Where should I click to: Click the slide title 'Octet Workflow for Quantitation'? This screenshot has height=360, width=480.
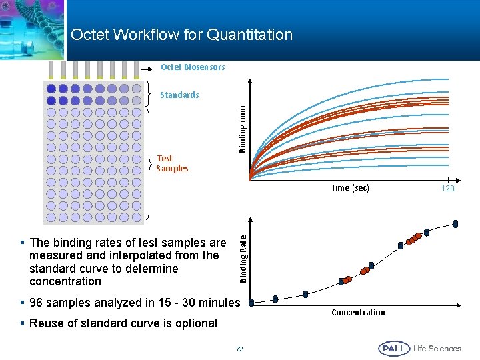181,35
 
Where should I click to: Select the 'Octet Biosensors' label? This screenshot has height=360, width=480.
193,67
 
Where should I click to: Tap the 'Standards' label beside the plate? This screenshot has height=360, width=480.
179,95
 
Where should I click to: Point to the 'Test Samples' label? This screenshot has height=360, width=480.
172,163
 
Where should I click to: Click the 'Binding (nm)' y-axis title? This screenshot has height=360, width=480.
243,127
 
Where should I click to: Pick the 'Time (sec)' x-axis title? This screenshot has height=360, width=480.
350,188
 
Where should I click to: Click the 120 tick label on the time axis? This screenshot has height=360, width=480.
447,189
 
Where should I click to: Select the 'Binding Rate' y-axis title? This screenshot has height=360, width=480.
243,256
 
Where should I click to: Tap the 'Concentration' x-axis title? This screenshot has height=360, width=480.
358,313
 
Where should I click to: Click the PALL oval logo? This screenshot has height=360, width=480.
393,349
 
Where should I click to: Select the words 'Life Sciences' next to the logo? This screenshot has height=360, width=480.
437,349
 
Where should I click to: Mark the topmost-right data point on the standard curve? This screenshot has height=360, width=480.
455,223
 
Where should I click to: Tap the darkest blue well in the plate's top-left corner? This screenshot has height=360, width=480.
51,88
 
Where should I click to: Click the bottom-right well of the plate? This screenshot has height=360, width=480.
136,217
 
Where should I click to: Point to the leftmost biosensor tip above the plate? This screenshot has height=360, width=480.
51,70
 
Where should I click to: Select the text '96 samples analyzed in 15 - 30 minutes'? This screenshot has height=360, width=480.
134,303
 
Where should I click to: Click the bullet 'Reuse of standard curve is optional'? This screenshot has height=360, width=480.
123,323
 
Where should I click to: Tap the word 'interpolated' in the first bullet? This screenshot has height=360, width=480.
153,255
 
